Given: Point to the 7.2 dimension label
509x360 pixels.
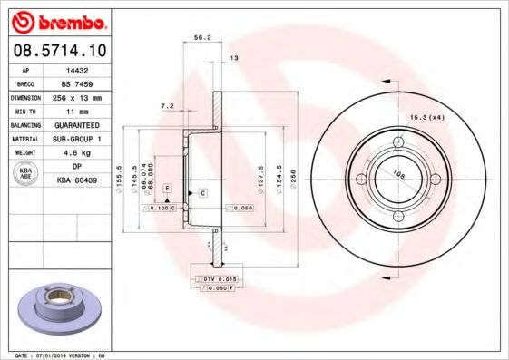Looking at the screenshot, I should click(167, 106).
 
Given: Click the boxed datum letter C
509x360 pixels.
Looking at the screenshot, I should click(203, 193).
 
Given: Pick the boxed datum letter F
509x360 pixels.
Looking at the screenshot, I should click(167, 187).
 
